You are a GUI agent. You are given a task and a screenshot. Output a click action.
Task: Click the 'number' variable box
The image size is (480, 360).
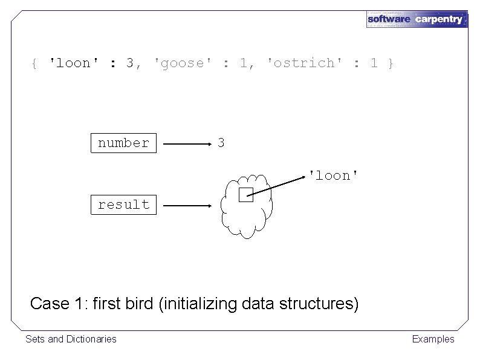[123, 143]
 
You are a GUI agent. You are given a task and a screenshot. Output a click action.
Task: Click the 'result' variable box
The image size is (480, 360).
[123, 205]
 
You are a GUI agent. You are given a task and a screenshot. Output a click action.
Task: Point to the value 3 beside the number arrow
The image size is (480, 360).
[221, 143]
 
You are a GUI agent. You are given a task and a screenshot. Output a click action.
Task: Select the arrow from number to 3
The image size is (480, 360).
[186, 145]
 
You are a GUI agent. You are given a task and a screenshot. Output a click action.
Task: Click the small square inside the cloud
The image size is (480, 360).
[245, 195]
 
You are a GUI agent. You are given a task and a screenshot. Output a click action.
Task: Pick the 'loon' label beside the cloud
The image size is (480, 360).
[334, 175]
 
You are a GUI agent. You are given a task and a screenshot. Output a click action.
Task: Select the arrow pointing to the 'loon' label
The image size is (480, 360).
[278, 185]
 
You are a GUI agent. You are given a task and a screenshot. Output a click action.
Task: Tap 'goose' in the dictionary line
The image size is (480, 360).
[180, 63]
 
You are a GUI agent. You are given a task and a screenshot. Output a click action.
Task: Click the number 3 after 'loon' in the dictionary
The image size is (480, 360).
[130, 63]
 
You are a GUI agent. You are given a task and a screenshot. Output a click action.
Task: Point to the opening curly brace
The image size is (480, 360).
[34, 63]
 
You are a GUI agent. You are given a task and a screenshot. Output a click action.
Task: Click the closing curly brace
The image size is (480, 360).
[391, 63]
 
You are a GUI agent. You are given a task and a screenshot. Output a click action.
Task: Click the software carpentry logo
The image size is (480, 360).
[417, 19]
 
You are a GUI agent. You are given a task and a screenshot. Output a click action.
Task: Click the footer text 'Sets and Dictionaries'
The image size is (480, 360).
[71, 339]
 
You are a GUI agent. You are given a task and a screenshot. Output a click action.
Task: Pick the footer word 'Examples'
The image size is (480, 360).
[433, 339]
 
